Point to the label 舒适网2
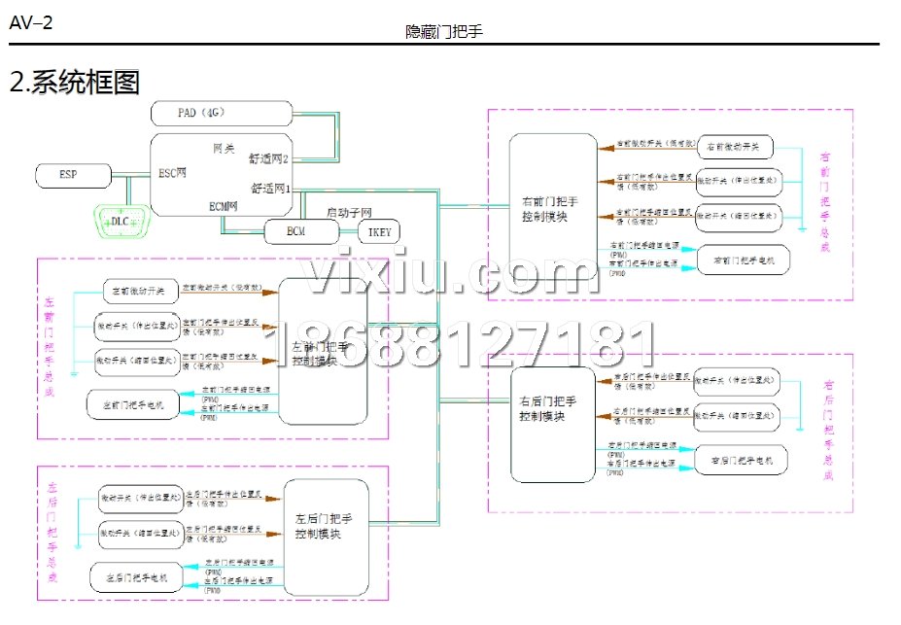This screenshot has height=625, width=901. tap(269, 157)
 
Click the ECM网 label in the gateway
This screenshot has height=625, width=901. tap(224, 205)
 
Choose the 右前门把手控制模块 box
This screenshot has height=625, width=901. tap(550, 208)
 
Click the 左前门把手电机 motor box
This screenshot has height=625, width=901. tap(134, 403)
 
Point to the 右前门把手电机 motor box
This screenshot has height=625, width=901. tap(742, 260)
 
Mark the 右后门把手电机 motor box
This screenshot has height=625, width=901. tap(742, 460)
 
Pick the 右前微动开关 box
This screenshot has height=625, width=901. tap(735, 147)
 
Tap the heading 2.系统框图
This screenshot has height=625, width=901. tap(74, 82)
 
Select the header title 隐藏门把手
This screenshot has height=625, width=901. tap(444, 31)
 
